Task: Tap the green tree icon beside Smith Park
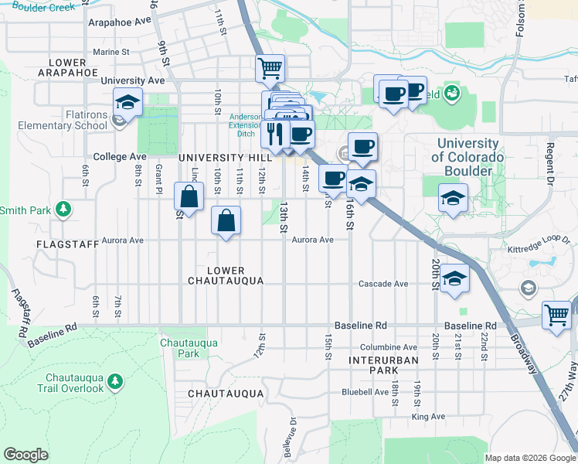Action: click(64, 210)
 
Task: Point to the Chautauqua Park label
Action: click(178, 348)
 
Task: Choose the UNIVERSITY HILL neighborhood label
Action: click(216, 157)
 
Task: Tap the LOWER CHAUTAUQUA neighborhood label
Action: click(226, 275)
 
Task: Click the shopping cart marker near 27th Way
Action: click(556, 315)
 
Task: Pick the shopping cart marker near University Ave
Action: click(270, 68)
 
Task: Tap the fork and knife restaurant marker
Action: click(274, 134)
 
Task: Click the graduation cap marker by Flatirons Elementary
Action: click(127, 102)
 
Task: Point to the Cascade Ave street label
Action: click(382, 284)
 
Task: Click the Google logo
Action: click(26, 454)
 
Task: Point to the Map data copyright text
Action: click(529, 458)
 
